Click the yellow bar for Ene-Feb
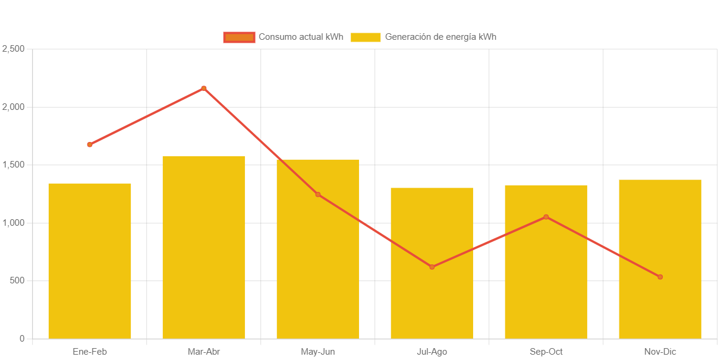pos(90,261)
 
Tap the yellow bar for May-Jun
pos(318,249)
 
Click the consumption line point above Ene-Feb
pos(90,144)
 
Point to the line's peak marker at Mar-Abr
pos(204,89)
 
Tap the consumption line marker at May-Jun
pos(318,194)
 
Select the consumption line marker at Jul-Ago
pos(432,267)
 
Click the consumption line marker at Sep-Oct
pos(546,217)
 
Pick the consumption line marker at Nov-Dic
pos(660,277)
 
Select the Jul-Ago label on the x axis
pos(432,352)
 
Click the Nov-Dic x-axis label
pos(660,352)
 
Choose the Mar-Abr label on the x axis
pos(204,352)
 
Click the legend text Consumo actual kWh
pos(301,37)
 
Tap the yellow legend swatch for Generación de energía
pos(366,37)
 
